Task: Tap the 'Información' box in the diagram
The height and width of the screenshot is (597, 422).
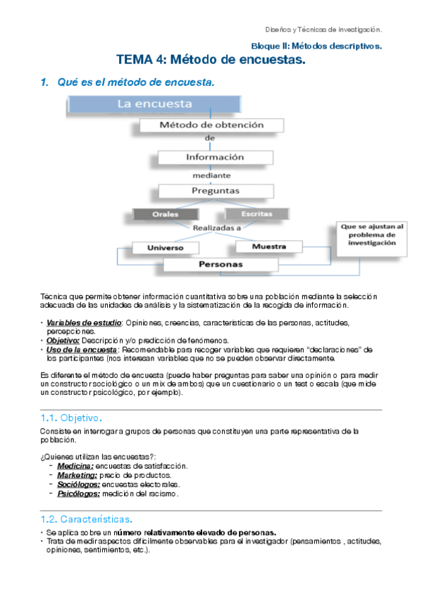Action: click(x=214, y=157)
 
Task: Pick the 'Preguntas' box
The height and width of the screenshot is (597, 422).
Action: click(x=215, y=190)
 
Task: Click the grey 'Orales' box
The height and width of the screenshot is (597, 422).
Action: click(x=165, y=214)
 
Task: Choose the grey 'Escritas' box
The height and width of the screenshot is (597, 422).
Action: click(x=256, y=213)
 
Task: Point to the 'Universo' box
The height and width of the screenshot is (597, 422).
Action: click(x=165, y=248)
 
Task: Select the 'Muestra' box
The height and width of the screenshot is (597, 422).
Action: click(x=268, y=247)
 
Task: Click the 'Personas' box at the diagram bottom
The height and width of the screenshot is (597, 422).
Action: click(x=221, y=265)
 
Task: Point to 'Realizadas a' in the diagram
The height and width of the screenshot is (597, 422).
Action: click(x=217, y=227)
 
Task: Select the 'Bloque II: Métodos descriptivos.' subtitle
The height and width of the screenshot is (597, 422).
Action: click(x=316, y=46)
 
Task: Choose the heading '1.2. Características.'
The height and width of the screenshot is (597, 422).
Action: click(x=87, y=519)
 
